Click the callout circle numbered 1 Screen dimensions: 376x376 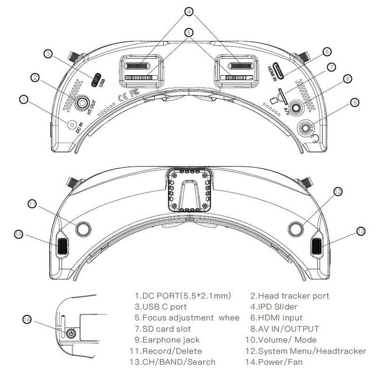24,100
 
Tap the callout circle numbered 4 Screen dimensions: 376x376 189,11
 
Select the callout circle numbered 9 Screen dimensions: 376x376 354,102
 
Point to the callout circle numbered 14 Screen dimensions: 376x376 27,320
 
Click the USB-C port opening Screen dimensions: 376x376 96,80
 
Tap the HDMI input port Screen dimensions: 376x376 279,71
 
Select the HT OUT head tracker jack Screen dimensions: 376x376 82,103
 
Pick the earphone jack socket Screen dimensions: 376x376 305,128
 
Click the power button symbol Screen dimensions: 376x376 71,334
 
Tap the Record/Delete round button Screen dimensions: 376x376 83,229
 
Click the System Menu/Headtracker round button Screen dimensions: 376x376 296,229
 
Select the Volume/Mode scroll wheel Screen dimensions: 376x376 63,246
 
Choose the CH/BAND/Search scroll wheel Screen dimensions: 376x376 316,246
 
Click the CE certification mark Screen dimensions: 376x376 123,96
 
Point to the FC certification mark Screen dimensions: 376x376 134,92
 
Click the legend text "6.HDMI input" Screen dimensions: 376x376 276,318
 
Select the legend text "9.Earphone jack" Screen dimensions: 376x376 167,340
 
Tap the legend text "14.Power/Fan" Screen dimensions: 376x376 274,361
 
